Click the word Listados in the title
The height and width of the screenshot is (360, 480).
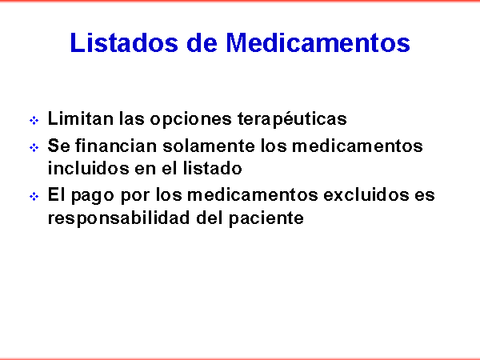124,42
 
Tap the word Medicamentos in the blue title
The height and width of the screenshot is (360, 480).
318,42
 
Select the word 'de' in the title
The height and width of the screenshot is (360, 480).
202,42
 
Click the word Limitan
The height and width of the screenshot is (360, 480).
81,118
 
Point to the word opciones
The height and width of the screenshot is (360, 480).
190,119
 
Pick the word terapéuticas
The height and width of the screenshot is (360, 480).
292,118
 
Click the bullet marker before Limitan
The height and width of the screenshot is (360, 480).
34,120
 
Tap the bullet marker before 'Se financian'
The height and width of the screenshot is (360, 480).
34,147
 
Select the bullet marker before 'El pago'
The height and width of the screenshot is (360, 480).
34,196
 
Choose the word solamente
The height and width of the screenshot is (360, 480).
209,146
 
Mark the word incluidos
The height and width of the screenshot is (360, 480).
88,168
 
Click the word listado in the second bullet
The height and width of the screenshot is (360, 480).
213,168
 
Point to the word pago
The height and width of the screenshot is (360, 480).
93,195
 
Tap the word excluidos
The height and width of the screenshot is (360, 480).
366,194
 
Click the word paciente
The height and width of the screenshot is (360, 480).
266,218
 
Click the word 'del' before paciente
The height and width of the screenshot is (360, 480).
210,217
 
